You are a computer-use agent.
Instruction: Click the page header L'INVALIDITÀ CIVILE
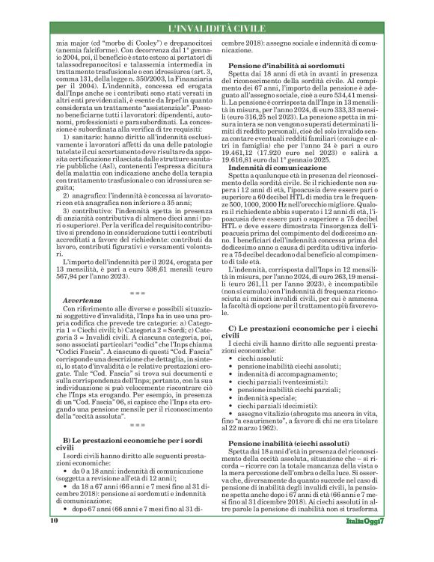coord(217,28)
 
